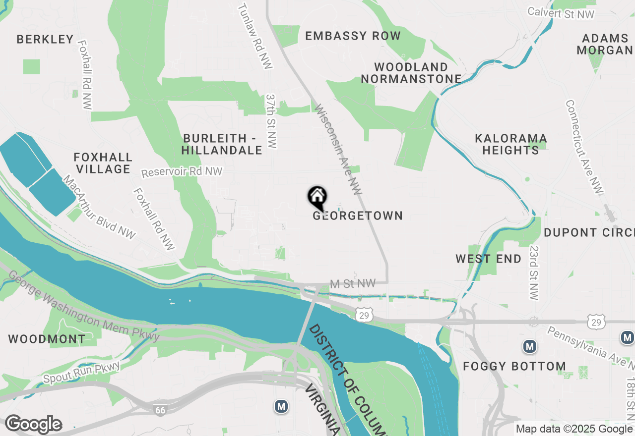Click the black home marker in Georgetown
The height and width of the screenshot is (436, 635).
(x=317, y=198)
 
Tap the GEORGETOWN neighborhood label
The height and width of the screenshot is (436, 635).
(x=358, y=216)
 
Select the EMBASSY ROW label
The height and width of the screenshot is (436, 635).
(x=353, y=36)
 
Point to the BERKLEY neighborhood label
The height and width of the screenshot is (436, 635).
(x=45, y=39)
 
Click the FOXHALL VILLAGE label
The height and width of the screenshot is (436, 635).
(x=103, y=163)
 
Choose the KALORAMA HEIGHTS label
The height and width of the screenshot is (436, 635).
(x=510, y=144)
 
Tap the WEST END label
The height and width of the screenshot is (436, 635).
(x=489, y=259)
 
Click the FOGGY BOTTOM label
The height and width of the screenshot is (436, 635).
(x=514, y=367)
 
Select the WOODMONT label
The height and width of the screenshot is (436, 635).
(x=47, y=339)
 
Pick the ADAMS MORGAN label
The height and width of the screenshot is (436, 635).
(x=605, y=44)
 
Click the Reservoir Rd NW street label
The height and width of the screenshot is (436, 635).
(x=182, y=172)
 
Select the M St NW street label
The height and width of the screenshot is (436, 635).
(x=352, y=283)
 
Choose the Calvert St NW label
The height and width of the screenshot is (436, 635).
(x=561, y=13)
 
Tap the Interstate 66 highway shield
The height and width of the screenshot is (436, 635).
(x=160, y=410)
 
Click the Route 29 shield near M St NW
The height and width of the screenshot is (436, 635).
(x=364, y=315)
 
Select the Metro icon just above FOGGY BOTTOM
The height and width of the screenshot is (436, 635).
(x=530, y=346)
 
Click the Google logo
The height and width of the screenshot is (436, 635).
(x=33, y=425)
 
